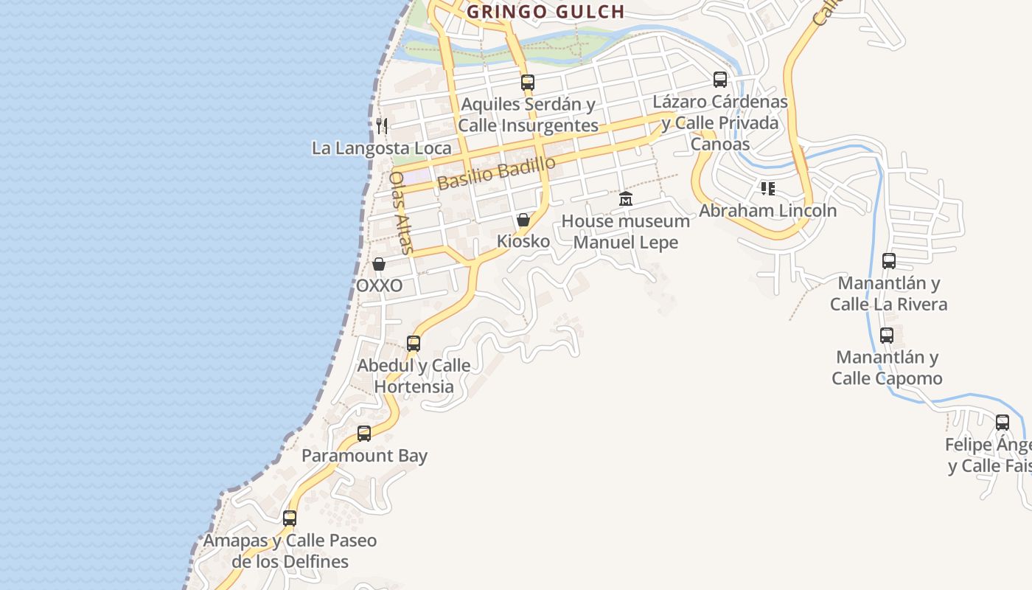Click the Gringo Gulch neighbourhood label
point(545,12)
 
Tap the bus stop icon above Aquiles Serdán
point(527,82)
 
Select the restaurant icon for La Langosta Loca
point(382,125)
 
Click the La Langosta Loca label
point(381,147)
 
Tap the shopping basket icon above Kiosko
point(523,220)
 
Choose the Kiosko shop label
point(523,241)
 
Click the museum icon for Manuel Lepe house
point(626,198)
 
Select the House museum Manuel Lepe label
point(626,231)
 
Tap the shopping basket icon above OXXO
point(379,264)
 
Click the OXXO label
point(380,285)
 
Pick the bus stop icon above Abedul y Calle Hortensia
point(414,343)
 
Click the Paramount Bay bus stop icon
point(364,433)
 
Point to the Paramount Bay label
point(364,455)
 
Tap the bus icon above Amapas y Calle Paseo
point(290,518)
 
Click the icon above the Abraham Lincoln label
point(768,189)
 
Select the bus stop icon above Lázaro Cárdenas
point(720,80)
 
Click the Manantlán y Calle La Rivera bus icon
point(889,260)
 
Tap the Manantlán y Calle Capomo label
point(887,367)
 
